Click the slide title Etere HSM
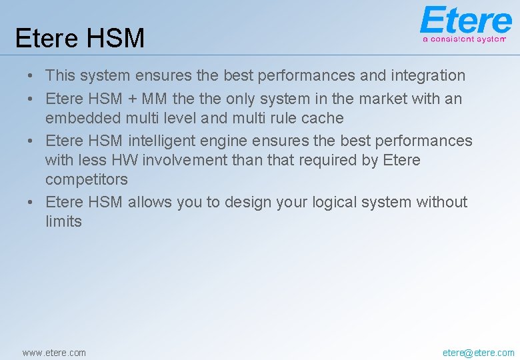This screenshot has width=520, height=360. coord(80,38)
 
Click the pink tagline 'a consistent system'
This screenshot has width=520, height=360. coord(464,39)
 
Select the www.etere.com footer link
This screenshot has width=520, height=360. coord(54,353)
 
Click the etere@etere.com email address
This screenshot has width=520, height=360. coord(478,353)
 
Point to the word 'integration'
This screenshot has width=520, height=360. coord(428,76)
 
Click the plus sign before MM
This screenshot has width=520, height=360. coord(132,99)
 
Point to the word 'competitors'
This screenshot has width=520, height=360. coord(87,180)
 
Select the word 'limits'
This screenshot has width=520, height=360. coord(64,221)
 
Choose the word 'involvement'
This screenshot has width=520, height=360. coord(185,160)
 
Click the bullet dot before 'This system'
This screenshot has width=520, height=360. coord(30,76)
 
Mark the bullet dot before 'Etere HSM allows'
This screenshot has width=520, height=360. coord(30,203)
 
